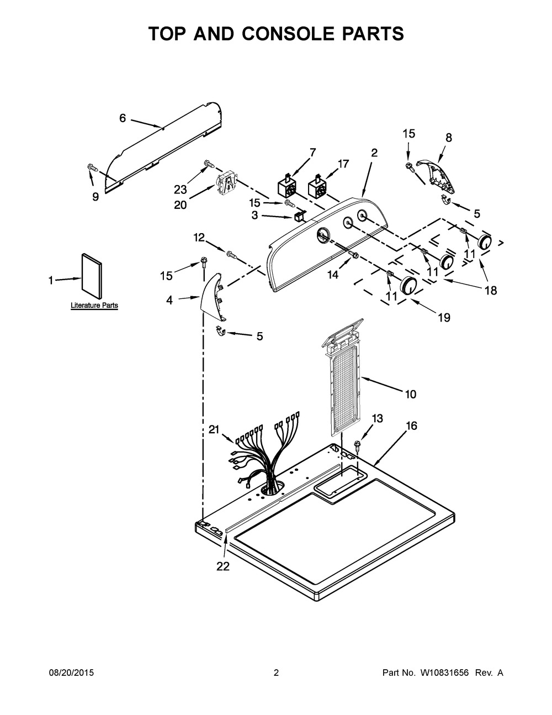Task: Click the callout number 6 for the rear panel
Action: pos(123,118)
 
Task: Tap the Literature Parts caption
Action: pos(94,306)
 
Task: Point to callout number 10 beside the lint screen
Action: pos(410,394)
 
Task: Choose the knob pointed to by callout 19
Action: pos(408,285)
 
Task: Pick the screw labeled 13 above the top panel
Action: pos(358,443)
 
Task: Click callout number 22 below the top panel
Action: pos(222,566)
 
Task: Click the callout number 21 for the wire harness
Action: pos(215,429)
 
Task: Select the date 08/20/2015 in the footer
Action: pos(72,673)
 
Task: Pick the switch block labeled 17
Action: pos(316,188)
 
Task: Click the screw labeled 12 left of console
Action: pos(232,255)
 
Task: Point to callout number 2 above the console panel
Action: pos(374,153)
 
